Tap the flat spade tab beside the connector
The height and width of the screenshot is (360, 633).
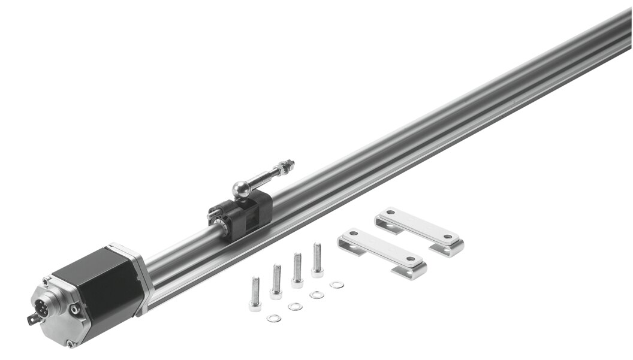(31, 319)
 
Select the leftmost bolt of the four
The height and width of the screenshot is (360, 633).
(255, 294)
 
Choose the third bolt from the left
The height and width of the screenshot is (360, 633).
(297, 270)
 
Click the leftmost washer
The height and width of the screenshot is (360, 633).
(274, 317)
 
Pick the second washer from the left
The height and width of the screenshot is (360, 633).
(295, 306)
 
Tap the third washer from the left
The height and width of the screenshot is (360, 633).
(316, 295)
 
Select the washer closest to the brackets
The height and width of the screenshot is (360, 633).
(337, 284)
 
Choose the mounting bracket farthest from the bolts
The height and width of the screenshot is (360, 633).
(420, 230)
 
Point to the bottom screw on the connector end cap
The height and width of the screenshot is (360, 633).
(70, 343)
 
